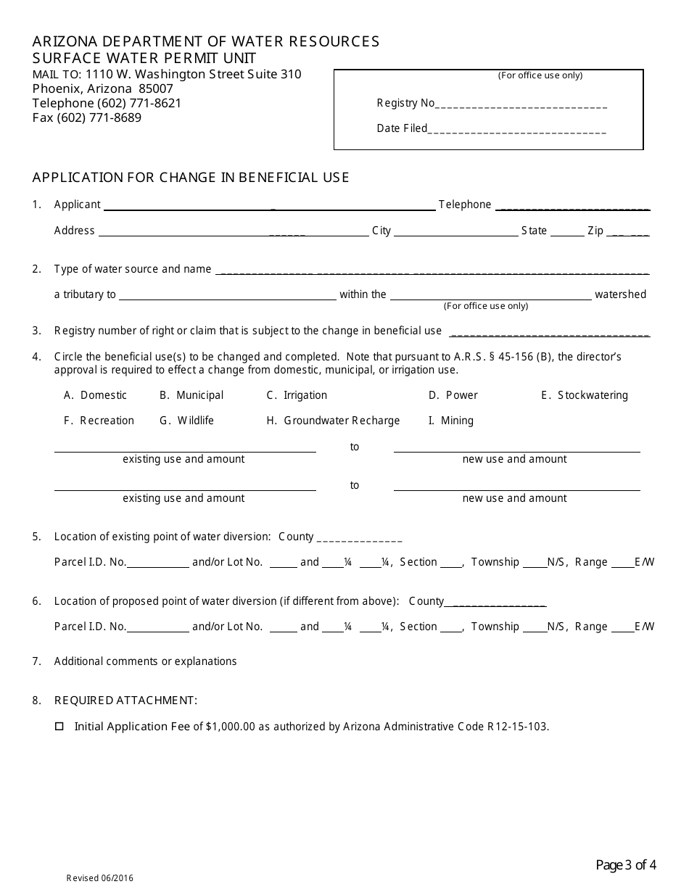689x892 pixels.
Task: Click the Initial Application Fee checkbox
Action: tap(59, 726)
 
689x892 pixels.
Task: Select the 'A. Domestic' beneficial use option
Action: tap(95, 395)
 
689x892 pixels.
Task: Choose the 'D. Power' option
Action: tap(453, 395)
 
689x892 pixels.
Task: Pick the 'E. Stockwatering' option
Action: tap(584, 395)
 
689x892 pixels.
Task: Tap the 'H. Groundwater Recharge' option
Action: tap(333, 421)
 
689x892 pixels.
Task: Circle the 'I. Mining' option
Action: tap(450, 421)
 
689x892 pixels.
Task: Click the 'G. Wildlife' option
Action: tap(186, 421)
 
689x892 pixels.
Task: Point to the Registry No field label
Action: tap(405, 103)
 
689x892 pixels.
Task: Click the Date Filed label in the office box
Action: tap(402, 129)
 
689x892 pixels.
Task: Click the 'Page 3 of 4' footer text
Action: tap(626, 864)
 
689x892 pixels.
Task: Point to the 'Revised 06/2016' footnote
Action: tap(100, 878)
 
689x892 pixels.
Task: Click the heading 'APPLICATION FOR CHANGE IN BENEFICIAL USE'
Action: tap(191, 178)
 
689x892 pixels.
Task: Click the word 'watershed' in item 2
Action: tap(620, 294)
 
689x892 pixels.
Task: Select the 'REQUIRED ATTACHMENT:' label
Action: tap(125, 701)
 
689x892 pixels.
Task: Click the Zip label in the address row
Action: tap(595, 231)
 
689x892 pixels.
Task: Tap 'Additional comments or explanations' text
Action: tap(145, 661)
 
